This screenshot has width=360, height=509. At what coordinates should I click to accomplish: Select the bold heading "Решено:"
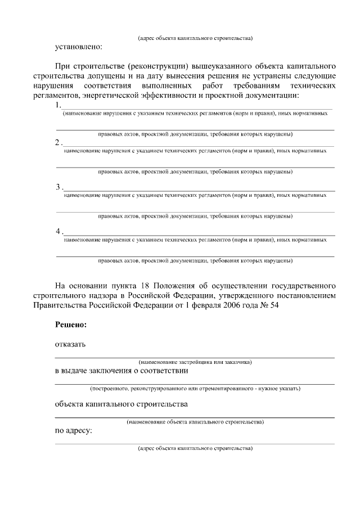(x=71, y=325)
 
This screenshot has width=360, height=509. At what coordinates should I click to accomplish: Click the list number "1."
(x=58, y=105)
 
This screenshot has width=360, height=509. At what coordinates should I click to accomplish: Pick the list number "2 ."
(x=59, y=143)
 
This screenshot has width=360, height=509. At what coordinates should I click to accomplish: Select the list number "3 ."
(x=60, y=187)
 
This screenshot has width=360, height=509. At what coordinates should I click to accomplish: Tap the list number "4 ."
(x=60, y=231)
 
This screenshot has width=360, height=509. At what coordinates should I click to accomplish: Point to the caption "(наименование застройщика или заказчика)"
(x=195, y=363)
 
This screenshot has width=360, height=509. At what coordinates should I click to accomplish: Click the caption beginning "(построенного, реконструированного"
(x=195, y=389)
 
